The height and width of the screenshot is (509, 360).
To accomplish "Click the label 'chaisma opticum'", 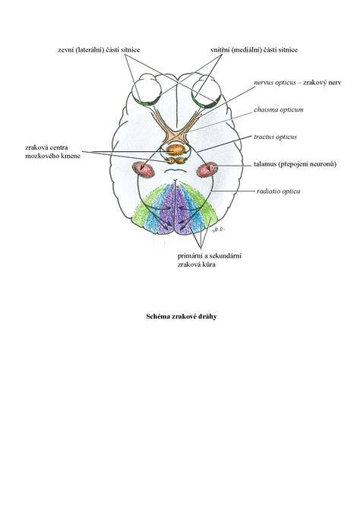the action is tap(279, 109).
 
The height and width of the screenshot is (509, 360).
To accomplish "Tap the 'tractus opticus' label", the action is tap(275, 137).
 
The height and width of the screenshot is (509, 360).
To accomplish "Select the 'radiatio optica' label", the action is tap(278, 191).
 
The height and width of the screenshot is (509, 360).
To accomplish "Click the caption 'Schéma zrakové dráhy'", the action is tap(181, 317).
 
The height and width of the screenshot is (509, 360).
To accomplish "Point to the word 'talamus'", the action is tap(265, 164).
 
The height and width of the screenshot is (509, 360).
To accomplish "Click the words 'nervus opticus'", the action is tap(275, 83).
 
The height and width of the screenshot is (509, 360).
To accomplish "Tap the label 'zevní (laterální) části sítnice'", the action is tap(99, 50).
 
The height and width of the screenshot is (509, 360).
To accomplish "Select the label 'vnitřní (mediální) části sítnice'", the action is tap(254, 50).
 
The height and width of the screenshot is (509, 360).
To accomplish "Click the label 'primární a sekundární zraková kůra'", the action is tap(210, 260).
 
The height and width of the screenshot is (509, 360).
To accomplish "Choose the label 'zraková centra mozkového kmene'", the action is tap(52, 152).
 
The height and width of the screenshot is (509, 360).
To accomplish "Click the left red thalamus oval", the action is tap(143, 169).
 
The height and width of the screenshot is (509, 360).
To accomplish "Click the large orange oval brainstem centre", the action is tap(175, 150).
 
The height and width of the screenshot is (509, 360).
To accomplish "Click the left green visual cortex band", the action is tap(142, 210).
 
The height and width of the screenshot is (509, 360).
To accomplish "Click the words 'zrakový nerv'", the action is tap(322, 83).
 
